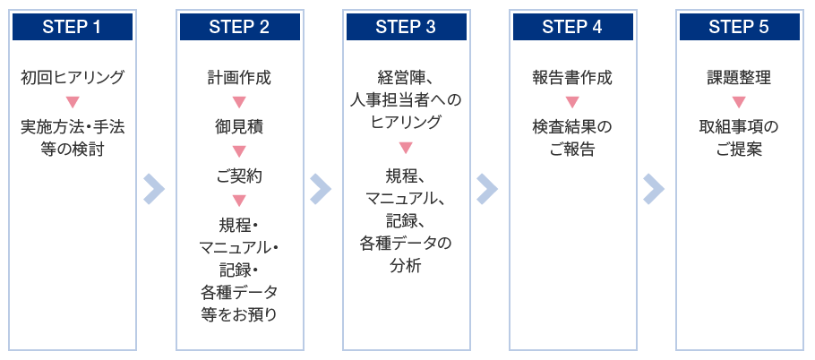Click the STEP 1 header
tap(73, 27)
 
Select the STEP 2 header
tap(240, 27)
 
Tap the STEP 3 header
tap(407, 27)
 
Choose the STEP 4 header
tap(573, 27)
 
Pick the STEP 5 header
tap(740, 27)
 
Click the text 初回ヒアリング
tap(73, 78)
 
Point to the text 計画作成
tap(240, 78)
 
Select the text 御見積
tap(240, 127)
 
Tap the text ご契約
tap(240, 176)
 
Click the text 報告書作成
tap(573, 78)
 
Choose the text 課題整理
tap(740, 78)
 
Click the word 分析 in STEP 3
tap(407, 265)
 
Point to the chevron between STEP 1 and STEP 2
tap(155, 189)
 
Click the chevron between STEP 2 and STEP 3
tap(322, 189)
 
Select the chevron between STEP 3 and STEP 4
tap(487, 189)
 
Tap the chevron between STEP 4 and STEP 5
tap(655, 189)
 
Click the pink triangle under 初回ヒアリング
tap(73, 102)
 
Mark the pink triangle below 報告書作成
tap(573, 102)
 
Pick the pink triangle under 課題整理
tap(740, 102)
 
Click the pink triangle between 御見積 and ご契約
tap(240, 151)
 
